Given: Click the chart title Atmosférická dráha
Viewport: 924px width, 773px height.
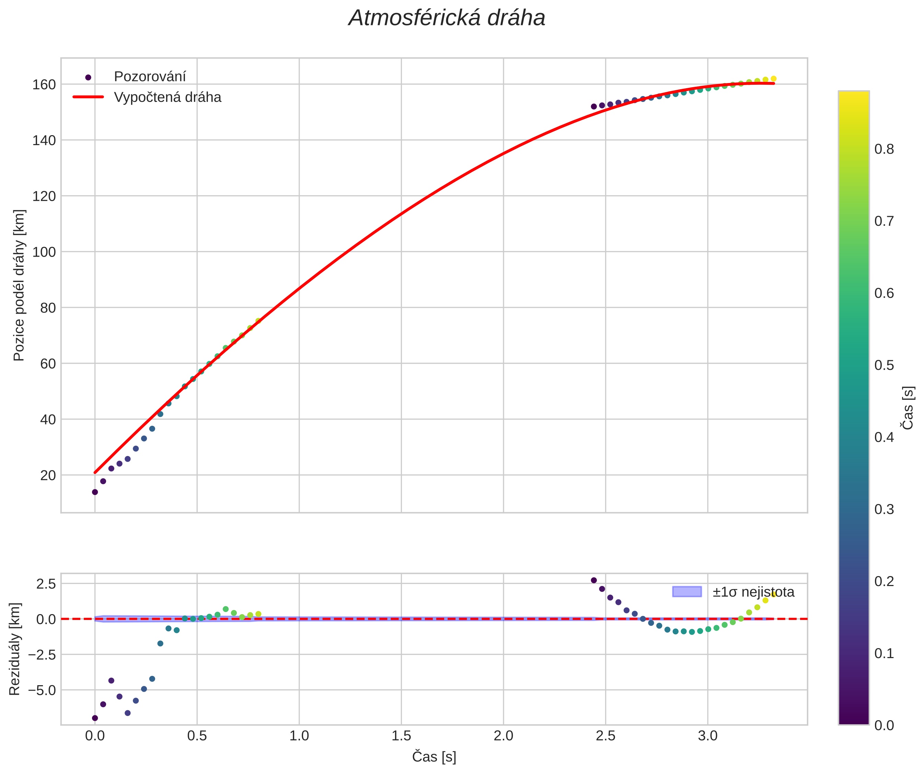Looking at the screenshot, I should click(447, 19).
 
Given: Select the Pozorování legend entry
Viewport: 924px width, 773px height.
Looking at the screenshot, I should click(150, 77).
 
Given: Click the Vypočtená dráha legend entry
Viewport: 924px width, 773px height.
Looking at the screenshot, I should click(167, 97).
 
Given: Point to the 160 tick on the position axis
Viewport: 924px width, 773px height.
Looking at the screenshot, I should click(44, 84).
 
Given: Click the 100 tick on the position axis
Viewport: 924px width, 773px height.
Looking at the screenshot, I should click(44, 252).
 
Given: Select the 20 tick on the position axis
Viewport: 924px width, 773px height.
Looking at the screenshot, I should click(47, 475).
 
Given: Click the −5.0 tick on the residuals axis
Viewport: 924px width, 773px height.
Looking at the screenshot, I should click(42, 690).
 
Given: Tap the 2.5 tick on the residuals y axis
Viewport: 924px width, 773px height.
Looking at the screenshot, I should click(46, 584).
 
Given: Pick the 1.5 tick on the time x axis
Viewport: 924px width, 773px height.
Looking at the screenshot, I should click(401, 736).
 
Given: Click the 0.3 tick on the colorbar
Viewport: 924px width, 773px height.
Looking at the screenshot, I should click(884, 509).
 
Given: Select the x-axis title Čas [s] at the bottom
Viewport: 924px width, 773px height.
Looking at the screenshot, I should click(434, 757).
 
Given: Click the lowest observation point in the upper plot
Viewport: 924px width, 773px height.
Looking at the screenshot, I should click(95, 492).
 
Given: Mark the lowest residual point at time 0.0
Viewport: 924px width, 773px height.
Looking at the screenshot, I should click(95, 718).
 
